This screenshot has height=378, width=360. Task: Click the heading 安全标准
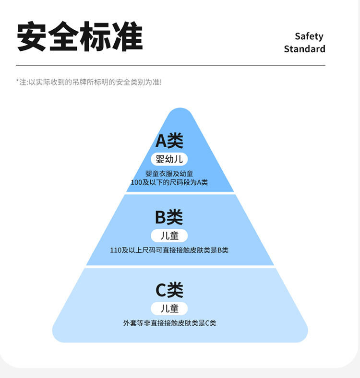click(x=80, y=36)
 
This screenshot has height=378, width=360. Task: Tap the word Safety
click(x=309, y=36)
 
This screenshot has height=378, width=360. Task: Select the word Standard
click(x=304, y=49)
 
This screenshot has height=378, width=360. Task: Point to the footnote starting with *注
click(x=89, y=82)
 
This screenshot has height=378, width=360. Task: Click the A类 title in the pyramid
click(x=169, y=141)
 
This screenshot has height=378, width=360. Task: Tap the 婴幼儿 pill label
click(x=169, y=159)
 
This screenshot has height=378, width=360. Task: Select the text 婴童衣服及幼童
click(x=169, y=174)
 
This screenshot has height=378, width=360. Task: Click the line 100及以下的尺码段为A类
click(x=169, y=182)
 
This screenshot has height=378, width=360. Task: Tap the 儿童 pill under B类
click(x=169, y=236)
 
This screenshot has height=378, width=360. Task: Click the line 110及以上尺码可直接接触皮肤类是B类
click(x=169, y=250)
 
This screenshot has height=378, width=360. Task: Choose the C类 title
click(x=169, y=290)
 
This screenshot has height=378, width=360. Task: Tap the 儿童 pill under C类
click(x=169, y=308)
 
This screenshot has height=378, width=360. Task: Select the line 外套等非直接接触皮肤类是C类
click(x=169, y=323)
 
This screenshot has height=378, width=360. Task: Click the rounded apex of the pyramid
click(x=180, y=113)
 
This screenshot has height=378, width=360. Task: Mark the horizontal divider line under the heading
click(x=170, y=65)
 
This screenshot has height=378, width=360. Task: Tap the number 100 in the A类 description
click(x=136, y=182)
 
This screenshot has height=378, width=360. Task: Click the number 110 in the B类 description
click(x=116, y=250)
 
